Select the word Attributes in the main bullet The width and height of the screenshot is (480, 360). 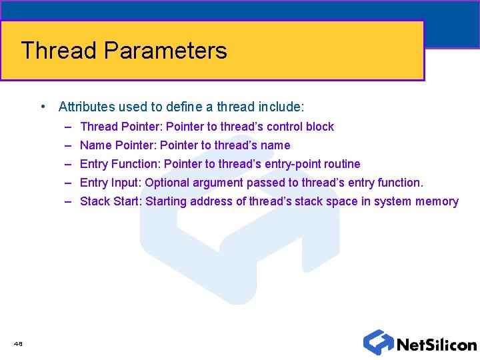(x=85, y=107)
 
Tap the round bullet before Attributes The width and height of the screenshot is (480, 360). (x=43, y=107)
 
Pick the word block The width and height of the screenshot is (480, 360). (x=320, y=127)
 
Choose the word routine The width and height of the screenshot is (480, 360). (x=342, y=164)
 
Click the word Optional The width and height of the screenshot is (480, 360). (x=167, y=183)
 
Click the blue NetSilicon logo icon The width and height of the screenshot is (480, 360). (x=378, y=342)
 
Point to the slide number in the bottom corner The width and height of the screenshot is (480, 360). (x=18, y=344)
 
